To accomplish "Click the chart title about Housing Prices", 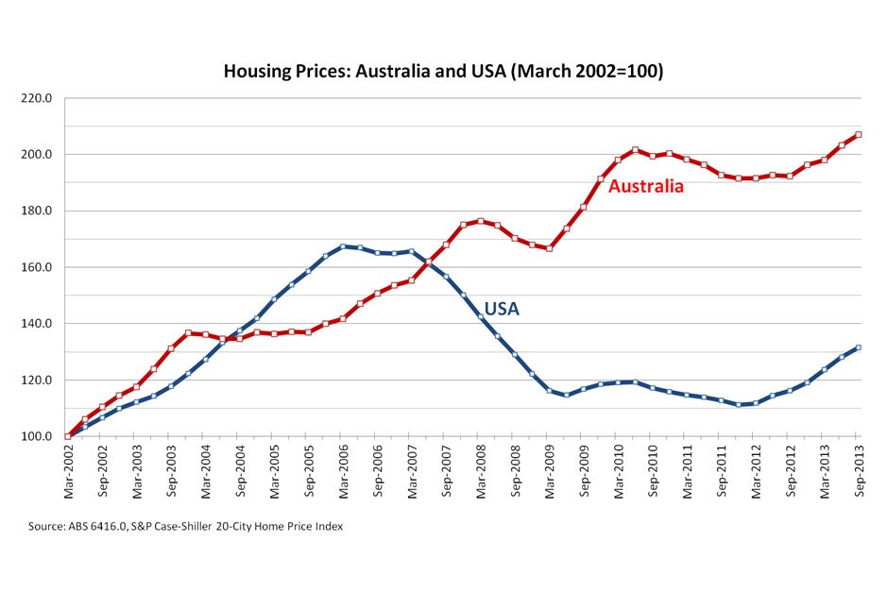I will pyautogui.click(x=443, y=72).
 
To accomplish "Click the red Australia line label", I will pyautogui.click(x=645, y=187).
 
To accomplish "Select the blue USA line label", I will pyautogui.click(x=502, y=308).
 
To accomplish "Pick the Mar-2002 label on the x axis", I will pyautogui.click(x=69, y=469).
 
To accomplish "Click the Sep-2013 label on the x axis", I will pyautogui.click(x=858, y=469).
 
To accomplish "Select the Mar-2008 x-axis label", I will pyautogui.click(x=480, y=469).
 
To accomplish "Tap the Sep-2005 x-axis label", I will pyautogui.click(x=309, y=469).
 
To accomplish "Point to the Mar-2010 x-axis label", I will pyautogui.click(x=618, y=469).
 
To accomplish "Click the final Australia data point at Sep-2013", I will pyautogui.click(x=858, y=135).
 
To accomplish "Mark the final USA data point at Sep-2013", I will pyautogui.click(x=858, y=347).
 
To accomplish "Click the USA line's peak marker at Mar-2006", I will pyautogui.click(x=343, y=246).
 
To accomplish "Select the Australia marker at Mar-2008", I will pyautogui.click(x=480, y=221).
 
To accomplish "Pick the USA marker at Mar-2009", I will pyautogui.click(x=549, y=390).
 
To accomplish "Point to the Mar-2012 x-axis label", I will pyautogui.click(x=755, y=469).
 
